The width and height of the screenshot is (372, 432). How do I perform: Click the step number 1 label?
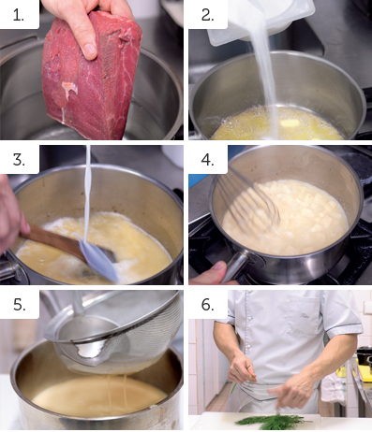[x=19, y=15]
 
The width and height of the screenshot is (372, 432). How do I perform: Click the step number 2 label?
[x=207, y=15]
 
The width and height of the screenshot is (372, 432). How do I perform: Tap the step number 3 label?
[x=19, y=160]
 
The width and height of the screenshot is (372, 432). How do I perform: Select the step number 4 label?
[x=208, y=160]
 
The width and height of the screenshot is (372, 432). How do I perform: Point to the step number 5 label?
[x=19, y=304]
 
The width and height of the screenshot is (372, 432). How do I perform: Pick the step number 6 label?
[x=208, y=304]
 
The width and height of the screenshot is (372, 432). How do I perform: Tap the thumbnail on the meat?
[x=90, y=50]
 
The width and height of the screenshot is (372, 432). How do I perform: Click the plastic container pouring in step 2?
[x=260, y=19]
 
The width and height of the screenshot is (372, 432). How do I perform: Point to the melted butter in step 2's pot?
[x=278, y=124]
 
